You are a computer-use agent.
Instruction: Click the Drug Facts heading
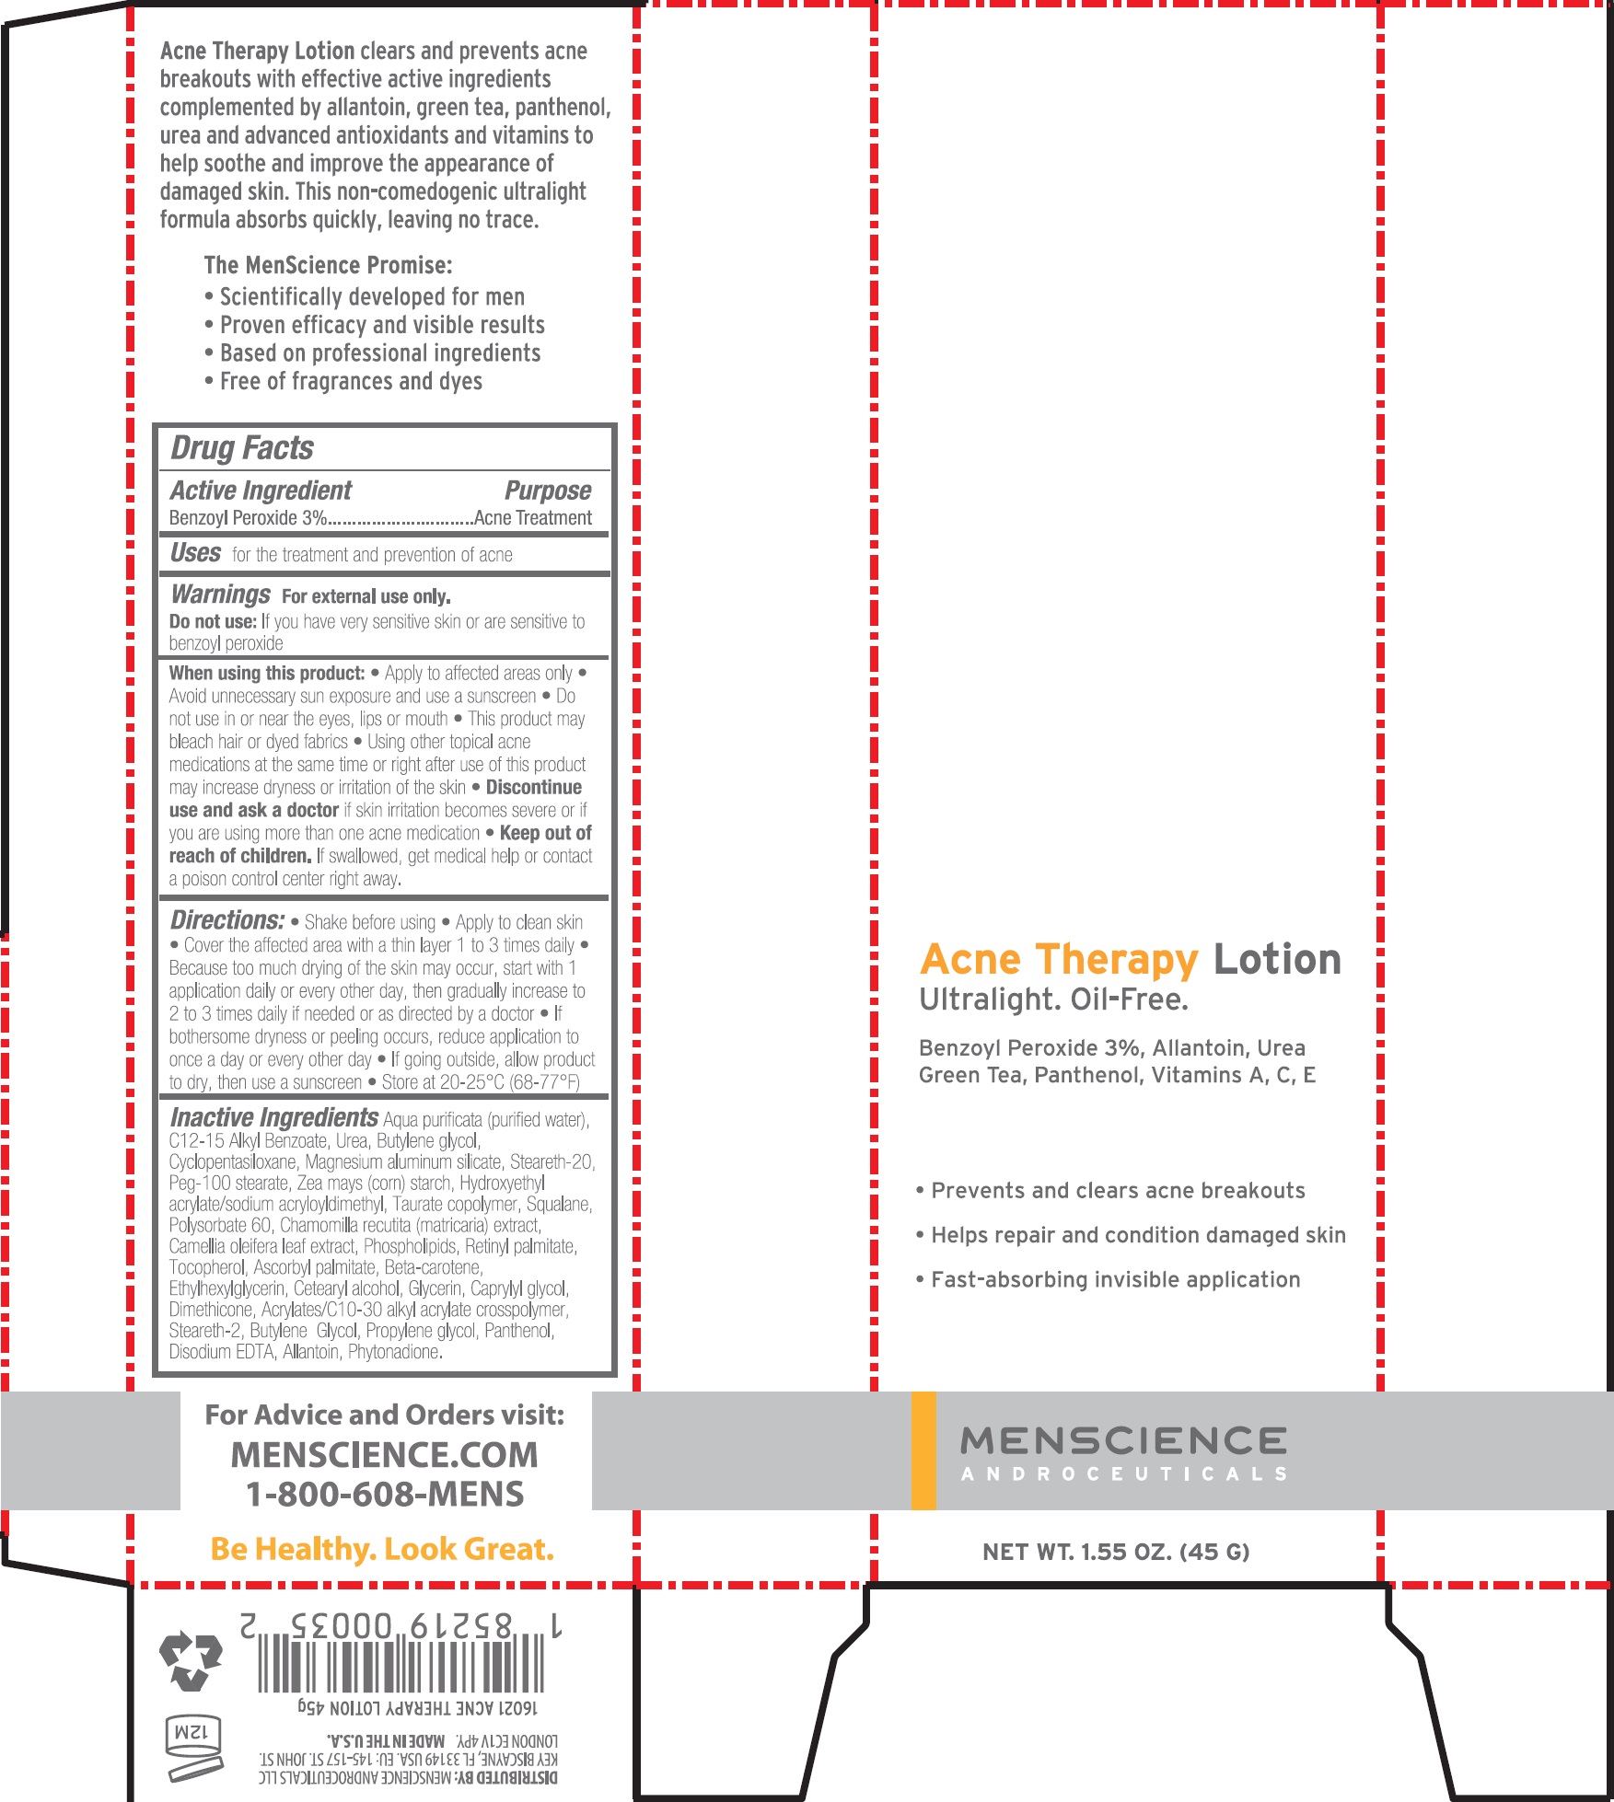click(242, 448)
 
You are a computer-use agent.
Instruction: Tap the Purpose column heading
click(547, 491)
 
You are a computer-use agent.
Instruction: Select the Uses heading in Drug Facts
click(195, 553)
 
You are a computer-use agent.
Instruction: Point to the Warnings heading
click(220, 595)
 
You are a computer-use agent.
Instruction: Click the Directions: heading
click(226, 920)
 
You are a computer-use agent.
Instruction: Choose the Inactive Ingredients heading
click(273, 1117)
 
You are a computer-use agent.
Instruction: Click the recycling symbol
click(192, 1661)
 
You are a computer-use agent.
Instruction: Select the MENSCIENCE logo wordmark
click(1123, 1440)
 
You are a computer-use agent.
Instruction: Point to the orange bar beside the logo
click(923, 1450)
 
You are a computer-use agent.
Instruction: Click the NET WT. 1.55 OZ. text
click(1116, 1553)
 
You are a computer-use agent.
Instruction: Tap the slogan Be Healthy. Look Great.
click(382, 1550)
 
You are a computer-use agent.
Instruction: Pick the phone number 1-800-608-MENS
click(385, 1494)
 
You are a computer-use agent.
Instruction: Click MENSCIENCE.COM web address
click(385, 1455)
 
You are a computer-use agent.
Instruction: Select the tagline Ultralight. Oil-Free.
click(1053, 999)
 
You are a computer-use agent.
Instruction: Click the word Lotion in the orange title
click(1277, 959)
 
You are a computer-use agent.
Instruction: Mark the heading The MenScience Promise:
click(328, 266)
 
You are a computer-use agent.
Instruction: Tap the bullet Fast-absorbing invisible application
click(1115, 1280)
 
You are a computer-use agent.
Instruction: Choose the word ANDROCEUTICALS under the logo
click(1123, 1474)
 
